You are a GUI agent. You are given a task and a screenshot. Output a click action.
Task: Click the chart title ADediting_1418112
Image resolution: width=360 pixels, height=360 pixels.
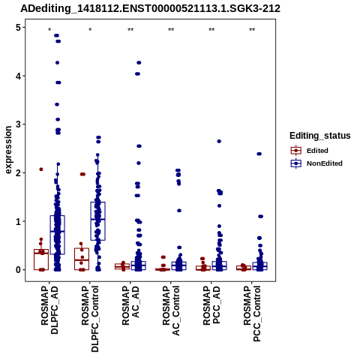(x=150, y=9)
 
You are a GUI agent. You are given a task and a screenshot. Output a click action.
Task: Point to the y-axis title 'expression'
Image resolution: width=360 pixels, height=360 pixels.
(x=8, y=150)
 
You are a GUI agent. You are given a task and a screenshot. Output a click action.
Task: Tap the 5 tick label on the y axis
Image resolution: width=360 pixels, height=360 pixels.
(x=18, y=27)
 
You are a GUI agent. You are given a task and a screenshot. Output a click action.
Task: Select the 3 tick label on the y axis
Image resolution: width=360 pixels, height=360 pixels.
(x=18, y=124)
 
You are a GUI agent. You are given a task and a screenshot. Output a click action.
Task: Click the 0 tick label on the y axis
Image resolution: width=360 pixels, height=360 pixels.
(x=18, y=270)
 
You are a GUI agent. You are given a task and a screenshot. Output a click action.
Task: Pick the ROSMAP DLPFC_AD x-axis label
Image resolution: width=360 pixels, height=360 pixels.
(x=49, y=310)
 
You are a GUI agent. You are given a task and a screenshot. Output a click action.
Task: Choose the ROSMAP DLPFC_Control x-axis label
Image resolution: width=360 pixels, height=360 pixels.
(x=90, y=319)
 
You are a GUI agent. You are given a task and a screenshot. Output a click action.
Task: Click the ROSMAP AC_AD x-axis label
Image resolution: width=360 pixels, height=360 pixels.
(x=130, y=305)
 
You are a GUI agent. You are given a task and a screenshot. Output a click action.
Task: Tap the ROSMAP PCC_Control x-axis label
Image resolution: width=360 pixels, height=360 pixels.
(x=252, y=313)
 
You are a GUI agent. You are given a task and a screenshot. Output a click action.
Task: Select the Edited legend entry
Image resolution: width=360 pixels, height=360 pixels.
(x=309, y=151)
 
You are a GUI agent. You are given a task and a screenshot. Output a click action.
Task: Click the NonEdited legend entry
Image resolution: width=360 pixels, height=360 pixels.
(x=316, y=163)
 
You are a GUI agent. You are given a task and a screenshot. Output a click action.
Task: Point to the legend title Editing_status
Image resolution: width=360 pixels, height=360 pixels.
(x=320, y=136)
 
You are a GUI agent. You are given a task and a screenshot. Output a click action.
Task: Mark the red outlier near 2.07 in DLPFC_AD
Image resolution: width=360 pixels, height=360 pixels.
(x=41, y=169)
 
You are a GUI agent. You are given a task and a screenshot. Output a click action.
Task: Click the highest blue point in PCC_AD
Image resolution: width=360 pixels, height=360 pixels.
(x=219, y=141)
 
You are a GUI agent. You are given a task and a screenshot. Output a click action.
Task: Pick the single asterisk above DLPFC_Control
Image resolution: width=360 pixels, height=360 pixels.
(x=90, y=30)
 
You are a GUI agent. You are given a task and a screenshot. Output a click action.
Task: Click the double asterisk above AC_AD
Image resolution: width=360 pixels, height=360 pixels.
(x=130, y=30)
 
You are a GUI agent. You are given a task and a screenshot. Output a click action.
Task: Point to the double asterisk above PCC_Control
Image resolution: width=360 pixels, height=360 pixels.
(x=252, y=30)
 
